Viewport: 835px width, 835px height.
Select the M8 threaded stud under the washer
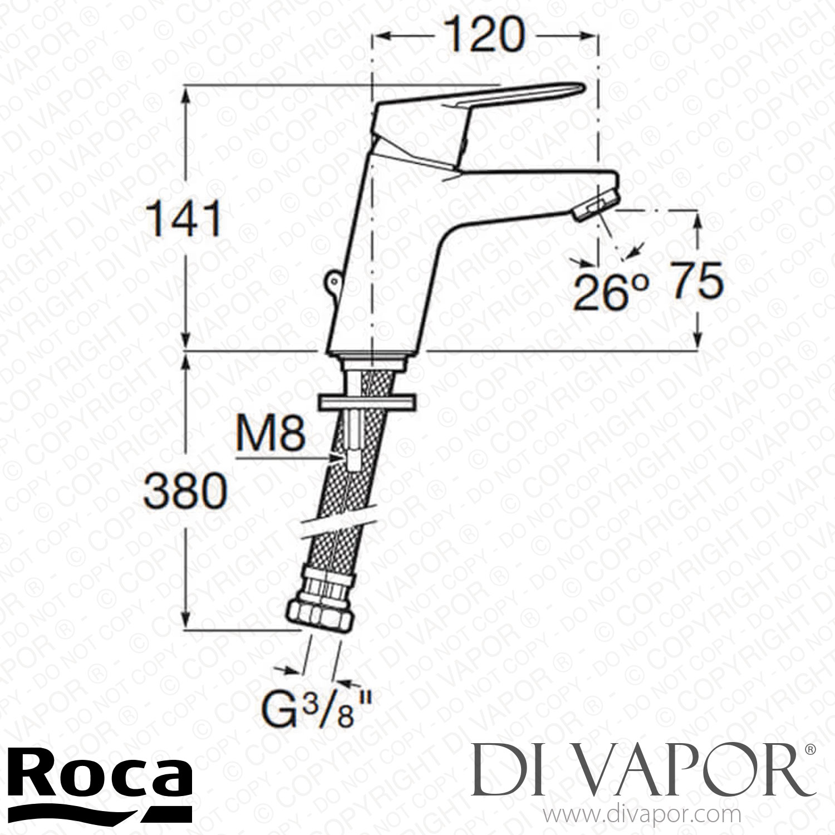[352, 440]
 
